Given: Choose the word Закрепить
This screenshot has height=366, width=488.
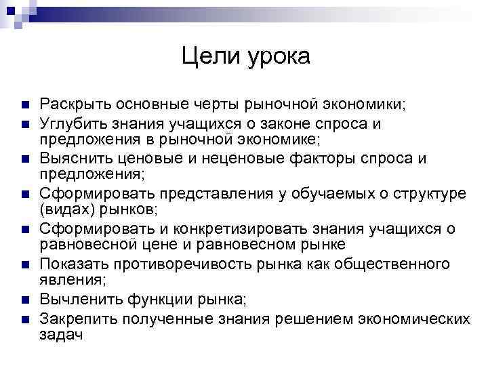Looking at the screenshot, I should [x=77, y=317].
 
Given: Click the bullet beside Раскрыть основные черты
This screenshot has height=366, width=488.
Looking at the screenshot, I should [x=24, y=106].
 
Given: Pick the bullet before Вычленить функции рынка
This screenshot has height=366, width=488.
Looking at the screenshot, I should [x=24, y=300].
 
